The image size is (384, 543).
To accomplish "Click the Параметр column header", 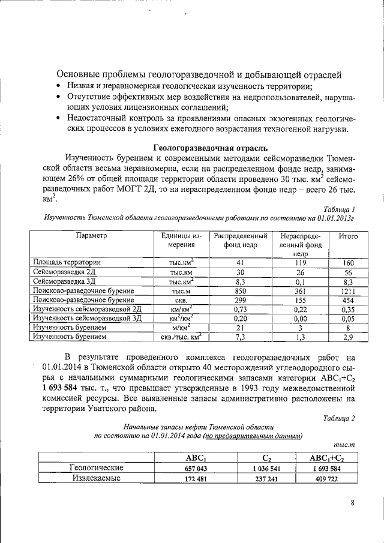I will (x=91, y=236).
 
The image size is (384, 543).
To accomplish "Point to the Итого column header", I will (x=348, y=236).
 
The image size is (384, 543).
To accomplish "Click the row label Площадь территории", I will (x=67, y=262).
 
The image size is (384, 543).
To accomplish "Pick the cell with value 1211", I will (x=348, y=290).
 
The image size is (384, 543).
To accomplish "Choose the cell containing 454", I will (x=348, y=300).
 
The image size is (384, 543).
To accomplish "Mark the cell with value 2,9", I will (x=348, y=338).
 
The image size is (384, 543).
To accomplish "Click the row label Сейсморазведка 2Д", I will (x=64, y=272).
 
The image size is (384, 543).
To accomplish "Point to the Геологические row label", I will (x=97, y=468).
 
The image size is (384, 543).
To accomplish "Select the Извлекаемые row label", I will (x=97, y=478).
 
